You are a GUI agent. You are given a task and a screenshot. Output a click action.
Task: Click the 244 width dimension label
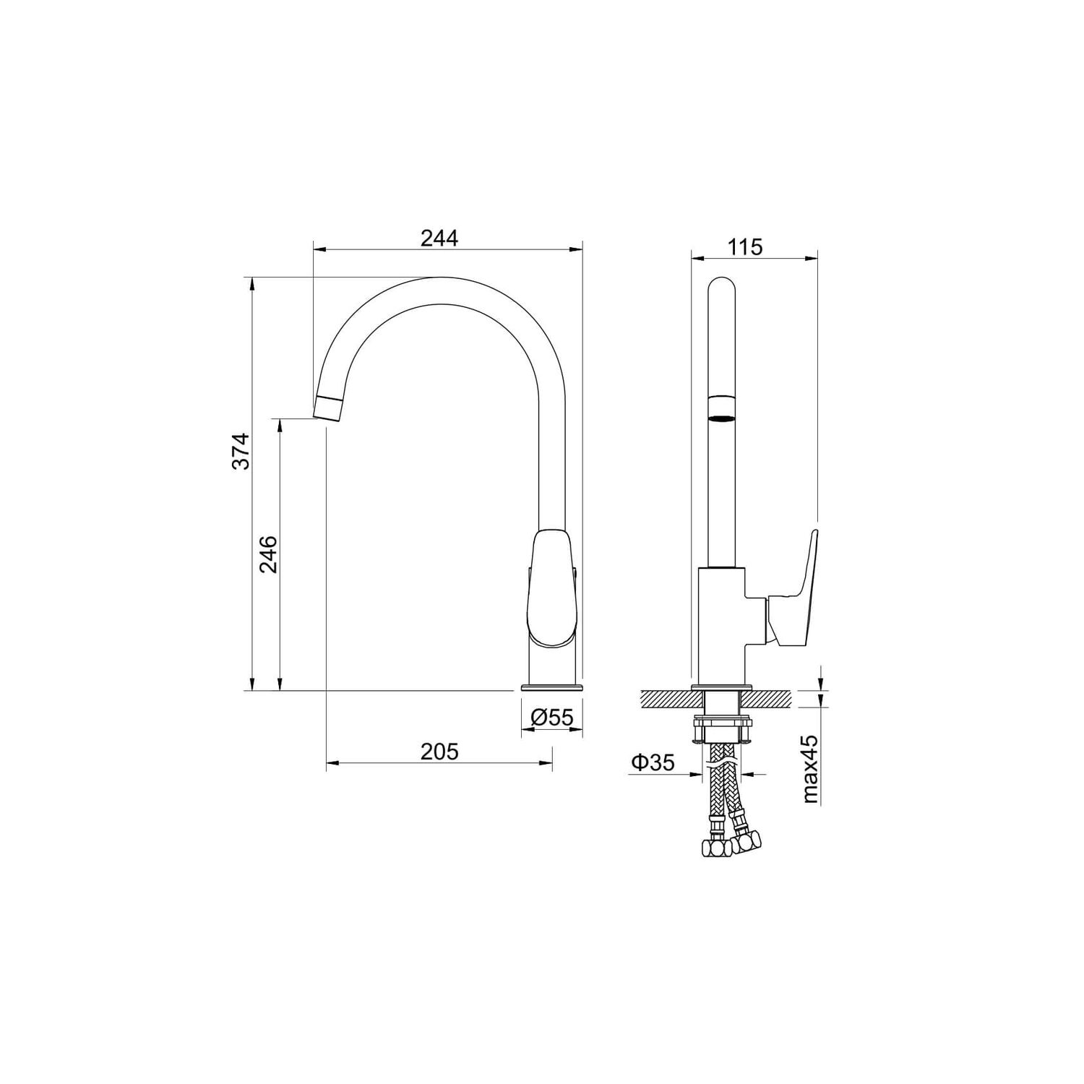(439, 238)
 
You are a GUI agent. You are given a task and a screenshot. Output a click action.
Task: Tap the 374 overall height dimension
(241, 451)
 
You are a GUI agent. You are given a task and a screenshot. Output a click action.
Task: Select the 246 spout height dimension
(269, 554)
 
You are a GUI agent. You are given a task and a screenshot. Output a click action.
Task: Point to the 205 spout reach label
(439, 752)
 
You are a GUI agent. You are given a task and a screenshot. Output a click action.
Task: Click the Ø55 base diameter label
(552, 717)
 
